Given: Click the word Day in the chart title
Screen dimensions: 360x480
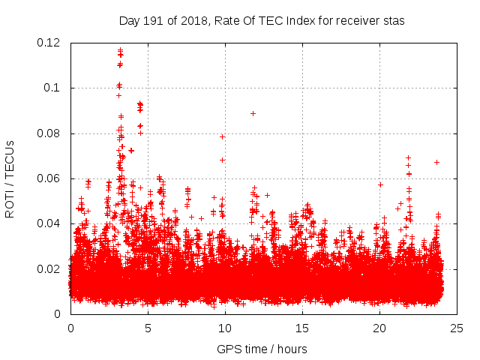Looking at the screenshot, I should click(130, 21).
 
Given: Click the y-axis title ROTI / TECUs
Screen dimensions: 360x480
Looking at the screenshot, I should click(10, 178).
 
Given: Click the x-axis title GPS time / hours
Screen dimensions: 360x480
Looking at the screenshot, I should click(262, 349).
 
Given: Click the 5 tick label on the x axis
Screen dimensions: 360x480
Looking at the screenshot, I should click(148, 328).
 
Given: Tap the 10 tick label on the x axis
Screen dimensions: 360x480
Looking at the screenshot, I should click(225, 328).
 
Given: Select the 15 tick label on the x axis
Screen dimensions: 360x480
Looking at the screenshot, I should click(302, 328).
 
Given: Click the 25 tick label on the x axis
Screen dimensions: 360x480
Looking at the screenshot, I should click(457, 328).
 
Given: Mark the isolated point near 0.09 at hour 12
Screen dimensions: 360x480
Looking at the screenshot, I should click(253, 113).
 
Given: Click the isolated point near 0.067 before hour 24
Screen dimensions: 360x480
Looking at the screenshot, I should click(436, 162).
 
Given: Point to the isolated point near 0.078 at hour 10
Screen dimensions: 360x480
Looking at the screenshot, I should click(222, 136).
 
